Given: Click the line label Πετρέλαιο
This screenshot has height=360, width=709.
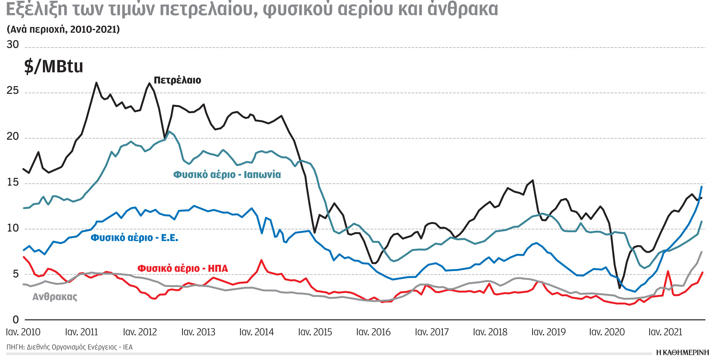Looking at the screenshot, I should [x=177, y=80].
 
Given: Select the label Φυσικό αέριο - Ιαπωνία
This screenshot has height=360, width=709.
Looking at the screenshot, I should [x=227, y=174].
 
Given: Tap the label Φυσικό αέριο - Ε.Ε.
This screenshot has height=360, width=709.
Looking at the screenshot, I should [x=134, y=238].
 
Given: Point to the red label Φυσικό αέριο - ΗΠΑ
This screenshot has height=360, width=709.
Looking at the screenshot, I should [x=182, y=269].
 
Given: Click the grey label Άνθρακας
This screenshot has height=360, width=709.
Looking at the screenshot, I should [x=55, y=297].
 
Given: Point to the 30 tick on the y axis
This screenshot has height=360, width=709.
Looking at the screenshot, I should [x=13, y=45].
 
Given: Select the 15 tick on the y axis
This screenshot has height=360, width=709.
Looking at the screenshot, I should [x=13, y=182].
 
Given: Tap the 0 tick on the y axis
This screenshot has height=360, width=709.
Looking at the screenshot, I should [x=16, y=320].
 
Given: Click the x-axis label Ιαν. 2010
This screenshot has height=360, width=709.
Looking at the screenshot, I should [x=23, y=332].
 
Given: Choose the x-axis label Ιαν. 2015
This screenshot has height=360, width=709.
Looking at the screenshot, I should [x=315, y=332].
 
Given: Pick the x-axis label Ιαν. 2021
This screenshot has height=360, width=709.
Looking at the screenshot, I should [x=665, y=332].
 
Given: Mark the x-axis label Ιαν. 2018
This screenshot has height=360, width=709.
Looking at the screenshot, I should [x=490, y=332].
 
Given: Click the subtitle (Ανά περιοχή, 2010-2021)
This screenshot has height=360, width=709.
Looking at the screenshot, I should [x=63, y=29].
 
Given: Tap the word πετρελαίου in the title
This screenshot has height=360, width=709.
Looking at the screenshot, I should [x=209, y=10].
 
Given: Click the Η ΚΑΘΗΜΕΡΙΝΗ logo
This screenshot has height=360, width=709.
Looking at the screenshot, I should [x=682, y=353].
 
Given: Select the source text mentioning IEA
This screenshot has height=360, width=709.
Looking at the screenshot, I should [x=69, y=347].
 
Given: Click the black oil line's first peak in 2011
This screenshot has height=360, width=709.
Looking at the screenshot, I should [x=96, y=83].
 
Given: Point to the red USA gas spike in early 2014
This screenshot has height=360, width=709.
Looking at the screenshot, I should [x=261, y=260].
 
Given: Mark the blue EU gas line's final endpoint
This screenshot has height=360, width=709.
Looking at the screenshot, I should [x=701, y=187].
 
